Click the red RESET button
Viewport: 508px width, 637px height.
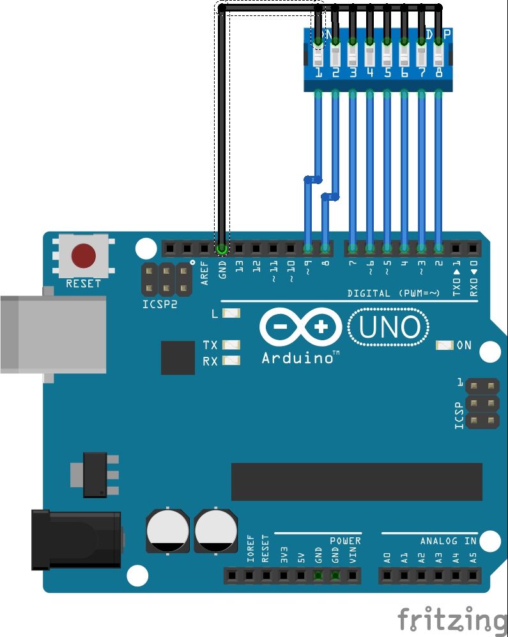[84, 256]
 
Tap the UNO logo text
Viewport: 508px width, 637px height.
[389, 328]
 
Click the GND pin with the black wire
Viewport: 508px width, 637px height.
[222, 248]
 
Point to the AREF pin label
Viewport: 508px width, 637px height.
[204, 273]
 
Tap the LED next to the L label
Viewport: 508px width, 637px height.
[231, 313]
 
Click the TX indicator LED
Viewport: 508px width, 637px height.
[231, 345]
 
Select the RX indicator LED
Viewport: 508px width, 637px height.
[231, 361]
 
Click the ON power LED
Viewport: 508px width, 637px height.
[444, 345]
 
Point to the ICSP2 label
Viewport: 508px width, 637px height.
[159, 304]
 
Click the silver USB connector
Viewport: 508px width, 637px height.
[51, 334]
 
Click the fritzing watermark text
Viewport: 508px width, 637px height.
[452, 620]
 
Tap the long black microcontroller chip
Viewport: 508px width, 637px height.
[357, 482]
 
